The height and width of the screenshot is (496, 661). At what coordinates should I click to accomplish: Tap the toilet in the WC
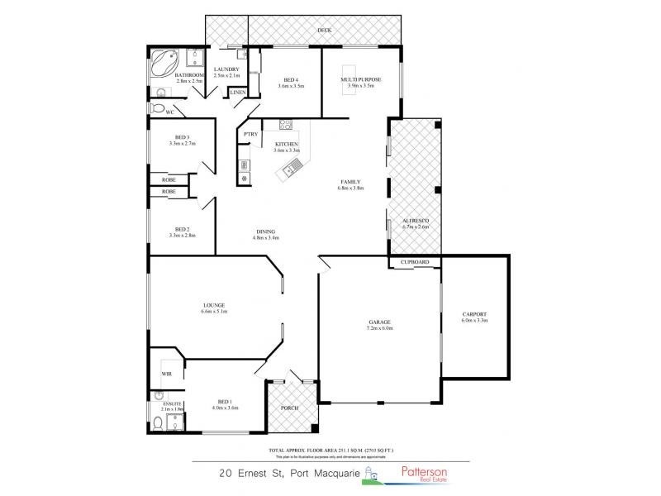coord(157,108)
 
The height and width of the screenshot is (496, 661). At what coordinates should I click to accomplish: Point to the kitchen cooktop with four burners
coord(287,126)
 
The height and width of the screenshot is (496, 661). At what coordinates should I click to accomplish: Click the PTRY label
coord(250,134)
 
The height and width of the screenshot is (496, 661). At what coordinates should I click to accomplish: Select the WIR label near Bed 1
coord(166,374)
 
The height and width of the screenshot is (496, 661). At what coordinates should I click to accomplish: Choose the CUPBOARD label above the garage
coord(415,262)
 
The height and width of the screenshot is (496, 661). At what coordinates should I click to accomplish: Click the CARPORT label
coord(474,314)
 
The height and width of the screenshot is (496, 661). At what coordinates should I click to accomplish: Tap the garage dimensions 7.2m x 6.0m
coord(380,328)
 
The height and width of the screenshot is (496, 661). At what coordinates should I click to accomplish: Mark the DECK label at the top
coord(326,30)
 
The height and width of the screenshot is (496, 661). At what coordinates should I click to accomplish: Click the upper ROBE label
coord(169,179)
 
